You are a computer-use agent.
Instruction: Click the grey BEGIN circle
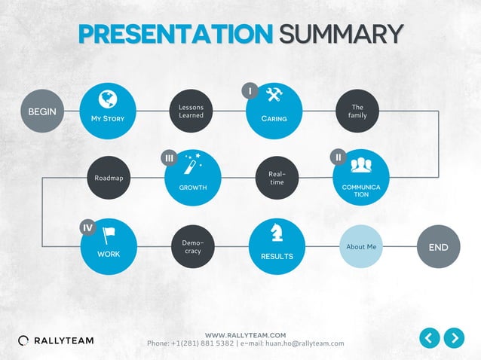click(42, 111)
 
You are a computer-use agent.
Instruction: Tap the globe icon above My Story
click(108, 99)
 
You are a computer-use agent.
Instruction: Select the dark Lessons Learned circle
click(191, 111)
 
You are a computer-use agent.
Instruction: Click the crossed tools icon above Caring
click(274, 94)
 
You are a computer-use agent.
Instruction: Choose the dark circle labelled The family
click(357, 111)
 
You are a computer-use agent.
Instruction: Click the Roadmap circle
click(109, 178)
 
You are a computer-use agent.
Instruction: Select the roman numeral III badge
click(169, 157)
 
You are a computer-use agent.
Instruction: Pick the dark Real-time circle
click(277, 178)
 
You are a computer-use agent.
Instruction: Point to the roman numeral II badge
click(339, 157)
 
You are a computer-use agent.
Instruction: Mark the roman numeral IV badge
click(87, 227)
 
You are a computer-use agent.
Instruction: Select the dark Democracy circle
click(193, 246)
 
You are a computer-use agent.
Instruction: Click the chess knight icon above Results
click(277, 235)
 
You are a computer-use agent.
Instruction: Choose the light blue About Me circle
click(361, 247)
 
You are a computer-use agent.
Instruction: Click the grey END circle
click(438, 247)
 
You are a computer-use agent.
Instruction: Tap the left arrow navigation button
click(429, 338)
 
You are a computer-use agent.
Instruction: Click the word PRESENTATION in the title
click(175, 34)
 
